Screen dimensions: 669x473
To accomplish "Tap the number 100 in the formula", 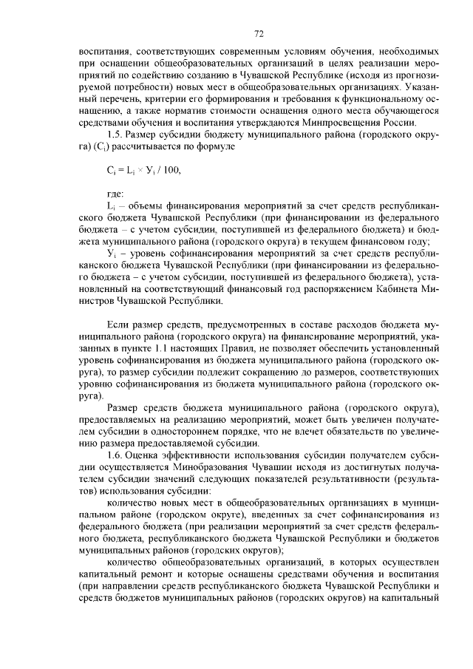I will coord(171,170).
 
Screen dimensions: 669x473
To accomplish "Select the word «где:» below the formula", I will coord(116,194).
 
